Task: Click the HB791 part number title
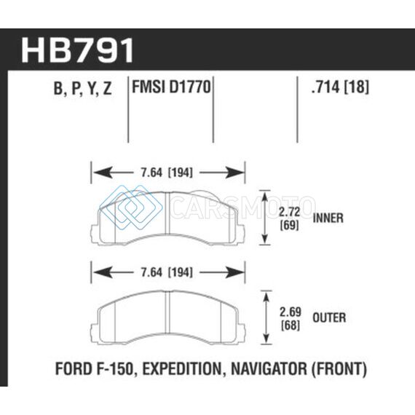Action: coord(77,50)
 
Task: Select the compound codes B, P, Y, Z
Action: coord(82,89)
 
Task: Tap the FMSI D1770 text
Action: coord(171,87)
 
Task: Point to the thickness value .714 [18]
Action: coord(340,87)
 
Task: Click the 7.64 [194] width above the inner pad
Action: coord(167,173)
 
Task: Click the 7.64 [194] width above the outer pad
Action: coord(167,272)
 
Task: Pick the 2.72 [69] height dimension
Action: coord(290,218)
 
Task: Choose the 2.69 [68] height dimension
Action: coord(290,319)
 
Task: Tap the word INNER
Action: coord(328,218)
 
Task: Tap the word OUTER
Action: coord(329,317)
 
